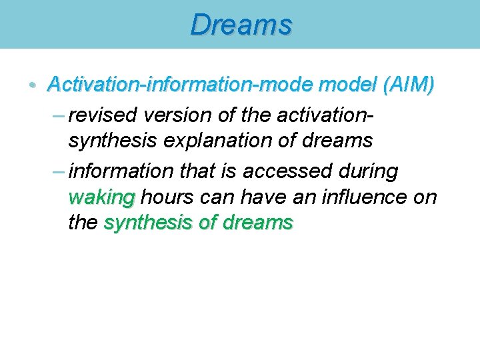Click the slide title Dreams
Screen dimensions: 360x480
(241, 25)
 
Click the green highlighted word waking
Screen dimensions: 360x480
(101, 197)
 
